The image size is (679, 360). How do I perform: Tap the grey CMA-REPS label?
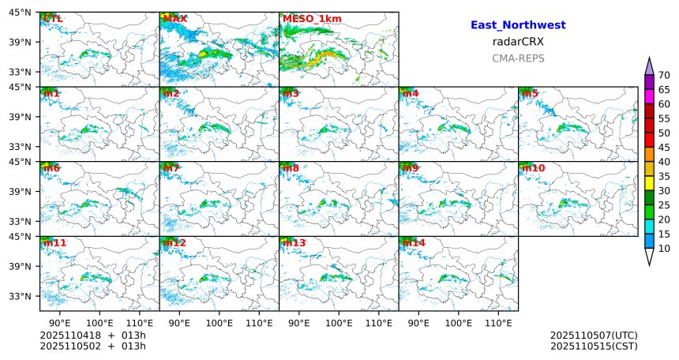518,58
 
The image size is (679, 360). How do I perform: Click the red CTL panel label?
53,18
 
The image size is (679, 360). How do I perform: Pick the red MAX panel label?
174,18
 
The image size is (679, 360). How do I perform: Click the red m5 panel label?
529,93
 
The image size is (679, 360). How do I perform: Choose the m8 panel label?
291,168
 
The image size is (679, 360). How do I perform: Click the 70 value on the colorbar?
664,75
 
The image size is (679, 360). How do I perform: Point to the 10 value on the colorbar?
664,249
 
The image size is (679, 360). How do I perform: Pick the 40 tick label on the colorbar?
664,162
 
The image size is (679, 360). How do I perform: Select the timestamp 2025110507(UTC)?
594,336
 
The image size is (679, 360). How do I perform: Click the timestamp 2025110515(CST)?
594,346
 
